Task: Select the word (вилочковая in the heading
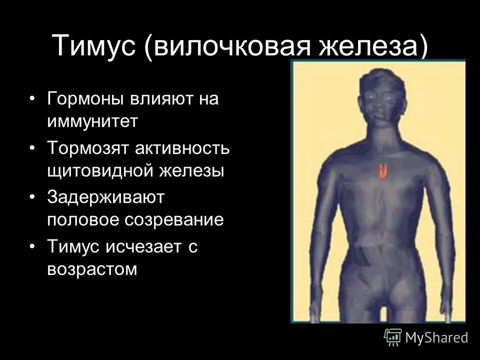230,45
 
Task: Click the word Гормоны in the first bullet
86,99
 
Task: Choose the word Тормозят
86,148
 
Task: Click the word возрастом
92,269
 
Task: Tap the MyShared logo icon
393,336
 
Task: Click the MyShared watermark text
436,337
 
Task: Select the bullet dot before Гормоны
32,99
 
